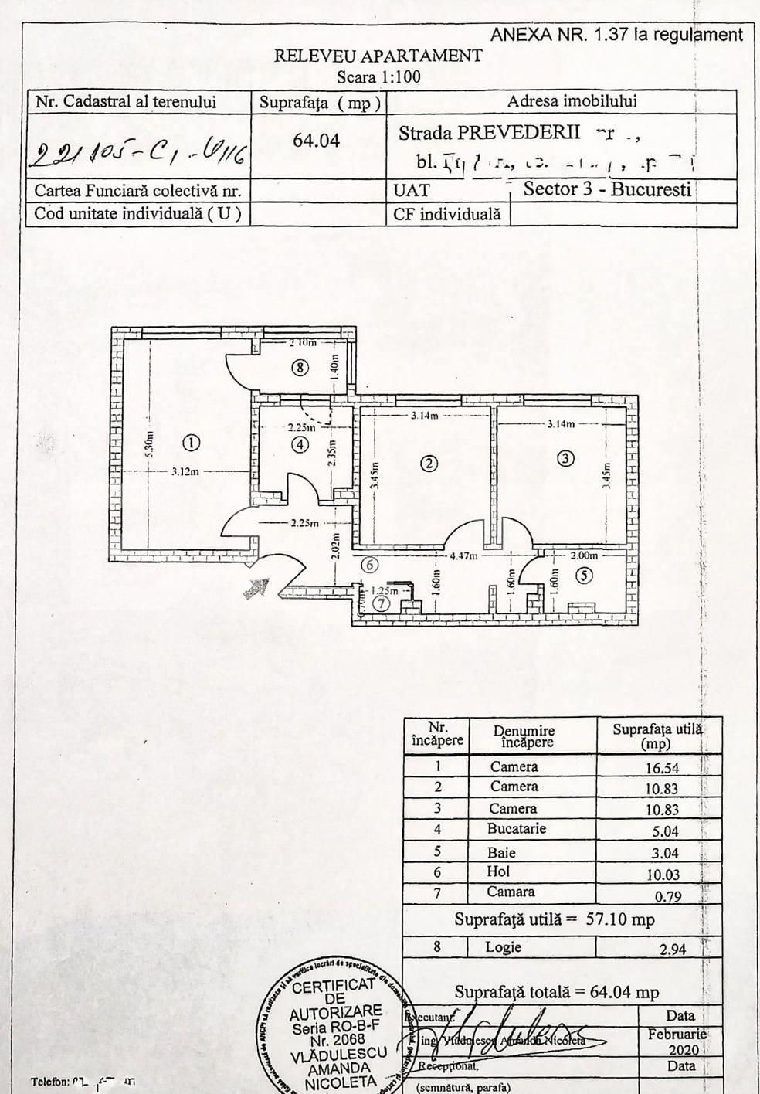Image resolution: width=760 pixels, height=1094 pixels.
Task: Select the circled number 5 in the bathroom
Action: pyautogui.click(x=585, y=576)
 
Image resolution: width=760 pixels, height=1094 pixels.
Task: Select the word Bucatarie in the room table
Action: pyautogui.click(x=516, y=829)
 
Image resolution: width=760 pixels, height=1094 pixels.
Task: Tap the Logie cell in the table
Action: pyautogui.click(x=504, y=947)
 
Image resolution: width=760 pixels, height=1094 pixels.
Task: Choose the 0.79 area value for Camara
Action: pyautogui.click(x=669, y=896)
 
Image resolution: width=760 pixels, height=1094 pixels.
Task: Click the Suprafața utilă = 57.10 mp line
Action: pyautogui.click(x=555, y=920)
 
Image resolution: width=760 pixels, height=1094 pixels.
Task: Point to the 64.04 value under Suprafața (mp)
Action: pyautogui.click(x=317, y=141)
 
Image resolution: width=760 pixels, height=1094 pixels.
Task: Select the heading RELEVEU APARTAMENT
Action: pyautogui.click(x=378, y=56)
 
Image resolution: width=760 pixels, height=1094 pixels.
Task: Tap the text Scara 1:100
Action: pyautogui.click(x=378, y=76)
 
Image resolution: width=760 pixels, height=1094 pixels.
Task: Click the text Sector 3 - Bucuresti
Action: pyautogui.click(x=606, y=190)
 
